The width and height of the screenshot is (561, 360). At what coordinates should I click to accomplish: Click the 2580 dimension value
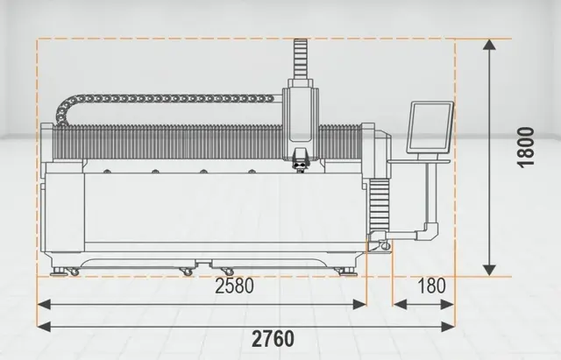click(x=234, y=286)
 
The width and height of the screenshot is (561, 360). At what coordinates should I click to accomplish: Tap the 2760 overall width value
click(x=273, y=339)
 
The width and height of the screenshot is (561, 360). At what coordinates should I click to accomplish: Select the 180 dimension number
click(x=431, y=286)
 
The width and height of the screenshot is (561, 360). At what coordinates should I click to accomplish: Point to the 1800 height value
click(x=526, y=147)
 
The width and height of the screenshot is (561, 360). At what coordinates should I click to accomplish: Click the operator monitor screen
click(x=430, y=127)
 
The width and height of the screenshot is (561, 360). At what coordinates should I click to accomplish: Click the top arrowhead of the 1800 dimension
click(x=489, y=45)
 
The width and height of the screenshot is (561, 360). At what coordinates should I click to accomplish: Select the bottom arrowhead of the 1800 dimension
click(x=489, y=271)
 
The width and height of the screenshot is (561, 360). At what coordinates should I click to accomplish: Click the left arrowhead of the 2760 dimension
click(x=44, y=327)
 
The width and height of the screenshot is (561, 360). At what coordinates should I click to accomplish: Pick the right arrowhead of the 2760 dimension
click(x=448, y=327)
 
